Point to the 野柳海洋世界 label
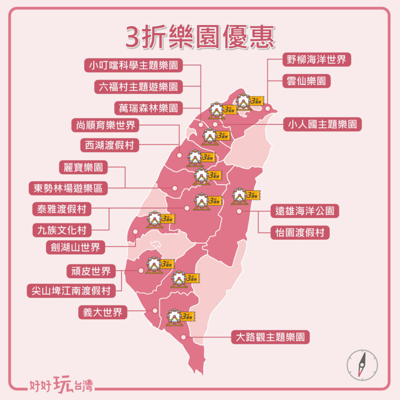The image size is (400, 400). point(316,60)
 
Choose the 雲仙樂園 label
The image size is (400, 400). point(306,80)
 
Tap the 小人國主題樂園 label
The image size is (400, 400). point(323,125)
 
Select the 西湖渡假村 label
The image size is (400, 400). point(110,146)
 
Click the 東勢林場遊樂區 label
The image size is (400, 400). point(68,188)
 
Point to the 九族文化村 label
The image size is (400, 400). point(62,230)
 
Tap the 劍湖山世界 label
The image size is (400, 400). point(76,247)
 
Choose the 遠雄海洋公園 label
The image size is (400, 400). point(304,211)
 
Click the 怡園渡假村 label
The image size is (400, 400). point(300,232)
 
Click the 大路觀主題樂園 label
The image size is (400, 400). point(270,337)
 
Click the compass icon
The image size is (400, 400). point(362,365)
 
